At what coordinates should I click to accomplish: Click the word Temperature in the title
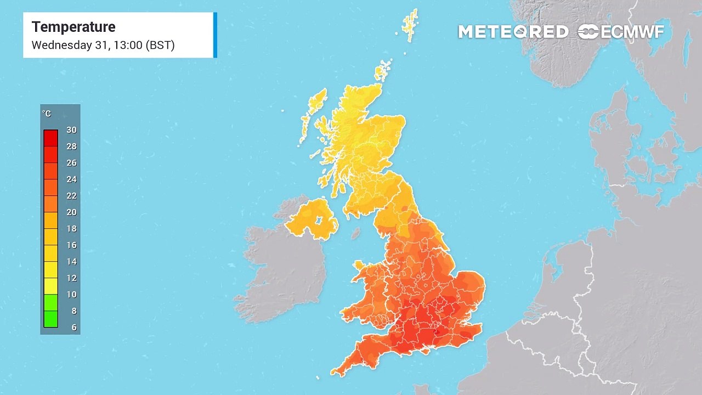73,27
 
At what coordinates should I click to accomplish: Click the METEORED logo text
513,32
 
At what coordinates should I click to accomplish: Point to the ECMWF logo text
632,32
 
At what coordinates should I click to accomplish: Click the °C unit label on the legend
47,114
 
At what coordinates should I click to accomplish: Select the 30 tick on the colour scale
71,130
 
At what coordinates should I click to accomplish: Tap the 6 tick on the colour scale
73,328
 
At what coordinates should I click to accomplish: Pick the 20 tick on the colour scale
71,212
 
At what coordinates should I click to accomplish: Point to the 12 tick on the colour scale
71,278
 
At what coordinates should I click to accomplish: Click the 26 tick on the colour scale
71,163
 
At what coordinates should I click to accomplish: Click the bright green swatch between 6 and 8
50,319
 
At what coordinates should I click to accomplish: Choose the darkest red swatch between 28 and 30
50,138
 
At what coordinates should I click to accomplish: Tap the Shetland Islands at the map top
410,25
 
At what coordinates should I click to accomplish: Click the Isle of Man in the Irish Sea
355,234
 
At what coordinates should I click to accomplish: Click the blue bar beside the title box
215,35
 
